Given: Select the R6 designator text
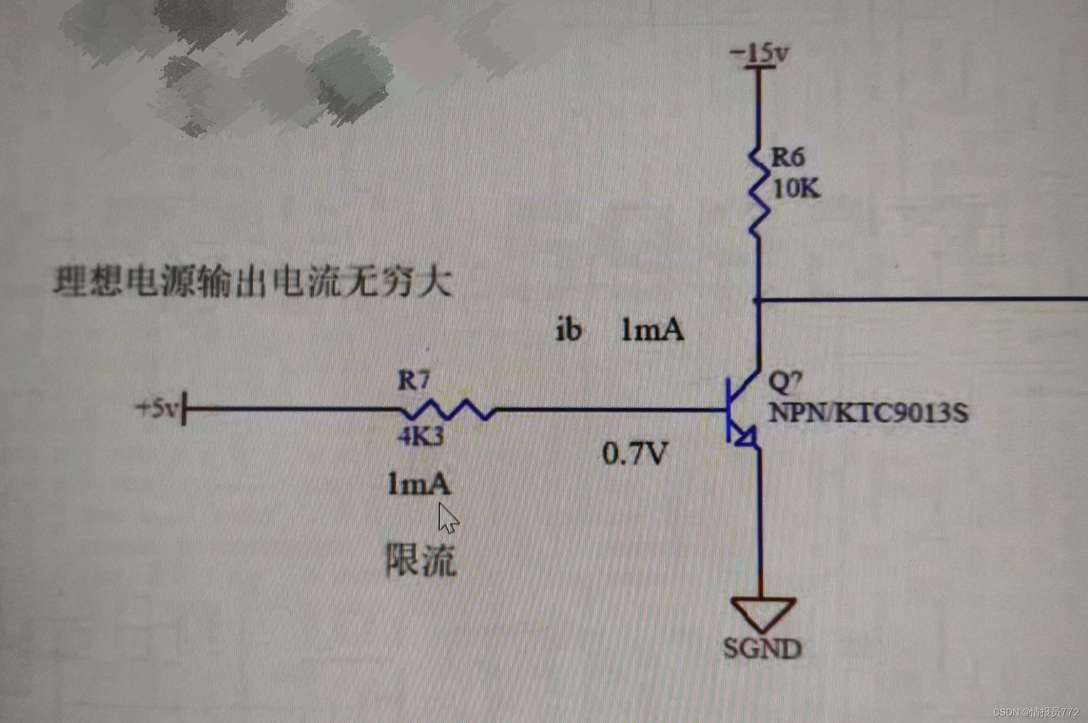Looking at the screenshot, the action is coord(788,157).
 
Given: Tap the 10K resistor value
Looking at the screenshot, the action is coord(796,188).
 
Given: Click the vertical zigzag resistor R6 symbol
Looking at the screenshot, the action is coord(759,193).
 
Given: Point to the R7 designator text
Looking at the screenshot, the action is coord(414,380).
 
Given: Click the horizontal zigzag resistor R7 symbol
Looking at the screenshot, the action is coord(448,409).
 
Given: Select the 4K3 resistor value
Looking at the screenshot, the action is coord(420,436).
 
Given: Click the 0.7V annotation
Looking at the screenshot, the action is coord(635,453).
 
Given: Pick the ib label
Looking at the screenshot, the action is coord(568,330).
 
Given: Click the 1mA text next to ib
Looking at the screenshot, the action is coord(653,330).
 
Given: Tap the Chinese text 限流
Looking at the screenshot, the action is coord(420,560).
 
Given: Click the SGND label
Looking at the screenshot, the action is coord(763,648).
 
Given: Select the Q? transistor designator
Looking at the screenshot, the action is coord(785,381).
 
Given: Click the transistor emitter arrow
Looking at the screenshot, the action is coord(747,437).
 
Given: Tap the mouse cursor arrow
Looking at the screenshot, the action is coord(448,518).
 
